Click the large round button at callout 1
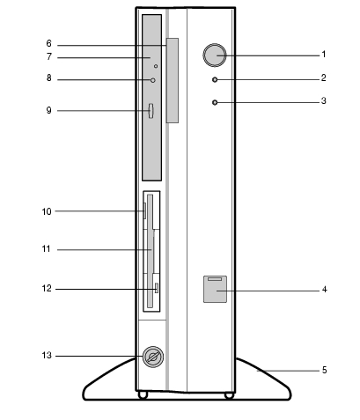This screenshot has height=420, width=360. tap(215, 55)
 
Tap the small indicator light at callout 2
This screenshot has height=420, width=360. tap(215, 79)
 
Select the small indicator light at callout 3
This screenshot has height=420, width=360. tap(215, 102)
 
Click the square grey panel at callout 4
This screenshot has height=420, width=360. tap(215, 289)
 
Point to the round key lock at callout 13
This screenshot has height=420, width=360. tap(153, 357)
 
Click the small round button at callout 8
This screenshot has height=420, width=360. tap(153, 80)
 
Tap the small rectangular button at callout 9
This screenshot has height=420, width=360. tap(151, 111)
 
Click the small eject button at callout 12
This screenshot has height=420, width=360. tap(157, 288)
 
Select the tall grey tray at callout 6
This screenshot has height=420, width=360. tap(173, 80)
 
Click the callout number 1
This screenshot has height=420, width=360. tap(324, 55)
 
